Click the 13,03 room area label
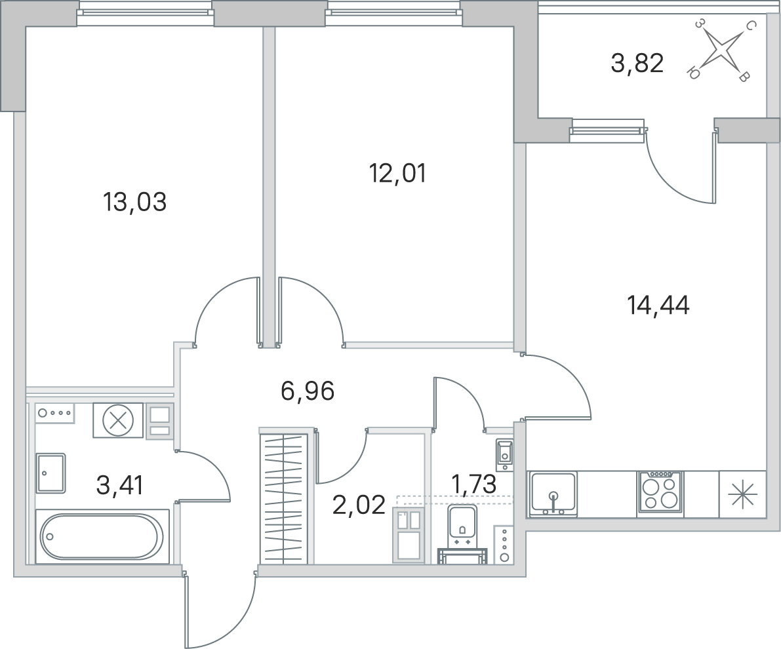134,203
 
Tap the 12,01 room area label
397,174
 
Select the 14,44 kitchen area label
658,305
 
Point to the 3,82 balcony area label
637,64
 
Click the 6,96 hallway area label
308,391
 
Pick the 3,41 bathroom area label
119,486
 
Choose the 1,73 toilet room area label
473,484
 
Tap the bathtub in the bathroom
102,536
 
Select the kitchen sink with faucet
553,494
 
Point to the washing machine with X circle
118,421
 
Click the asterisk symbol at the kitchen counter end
742,494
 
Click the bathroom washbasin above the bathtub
50,473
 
